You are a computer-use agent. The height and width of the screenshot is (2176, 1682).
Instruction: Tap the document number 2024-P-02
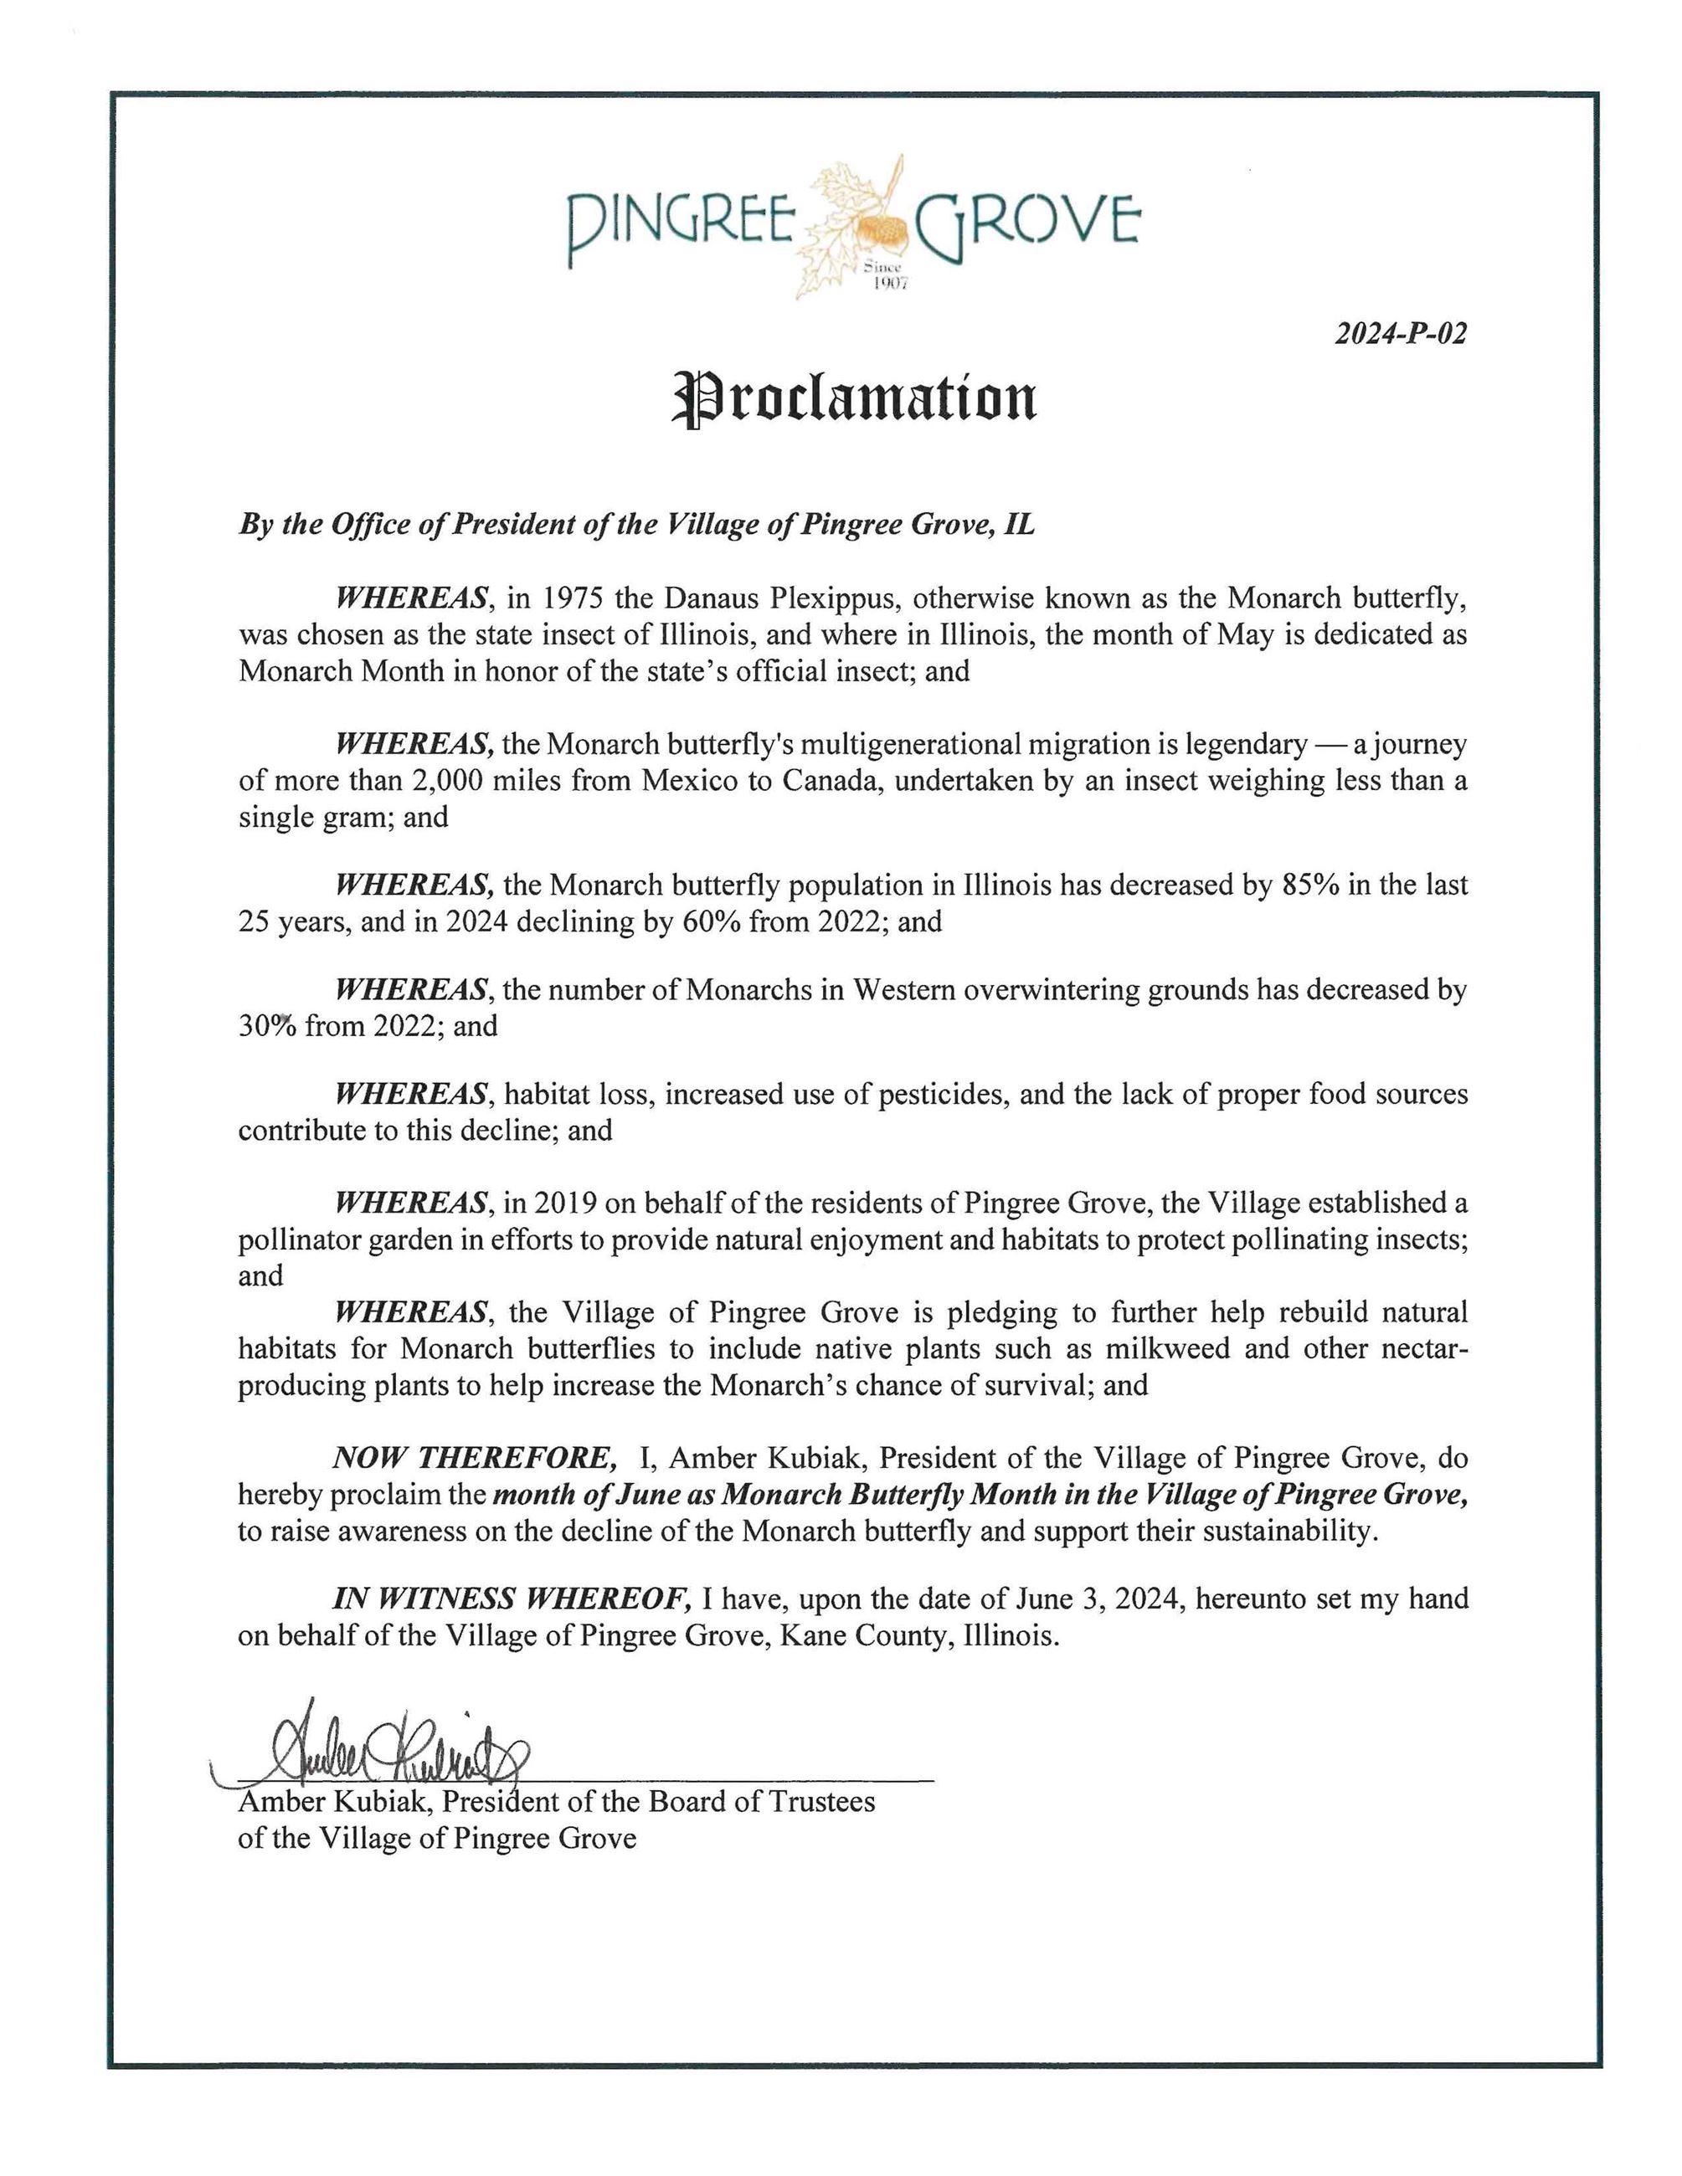point(1400,334)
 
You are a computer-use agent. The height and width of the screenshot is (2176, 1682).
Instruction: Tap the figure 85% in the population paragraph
point(1310,885)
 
